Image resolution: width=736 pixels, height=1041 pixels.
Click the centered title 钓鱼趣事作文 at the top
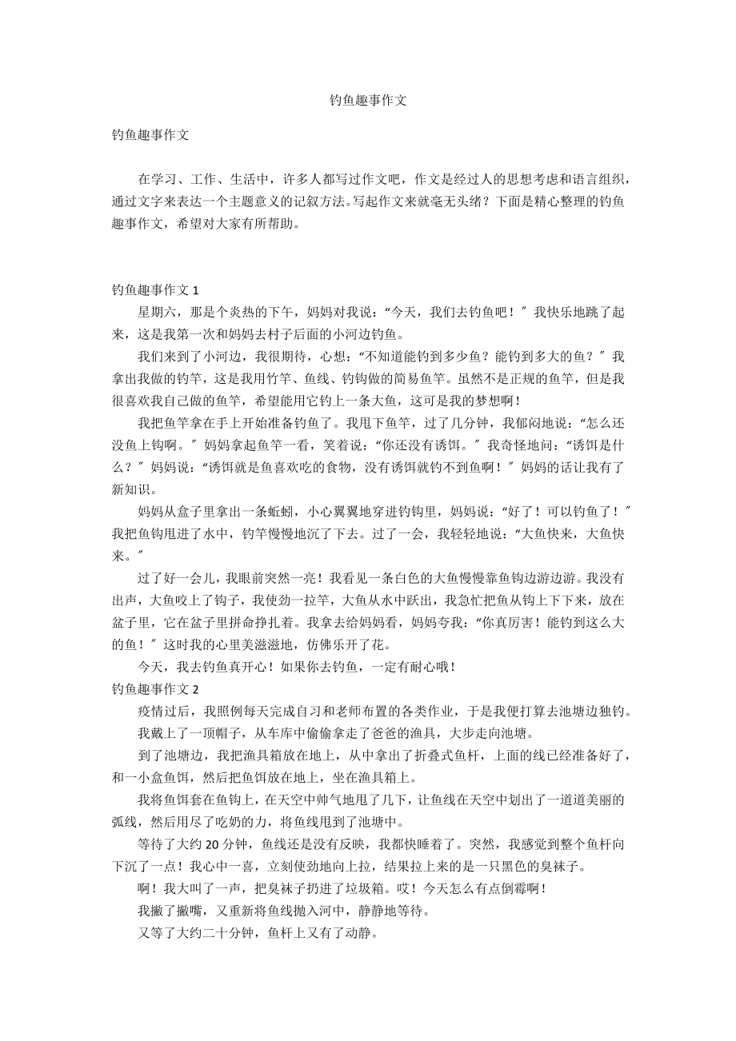point(368,101)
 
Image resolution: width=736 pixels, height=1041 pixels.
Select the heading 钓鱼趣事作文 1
point(155,290)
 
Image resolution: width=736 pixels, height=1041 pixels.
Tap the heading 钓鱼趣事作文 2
point(155,688)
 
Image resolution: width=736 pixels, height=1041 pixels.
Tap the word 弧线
point(125,820)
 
